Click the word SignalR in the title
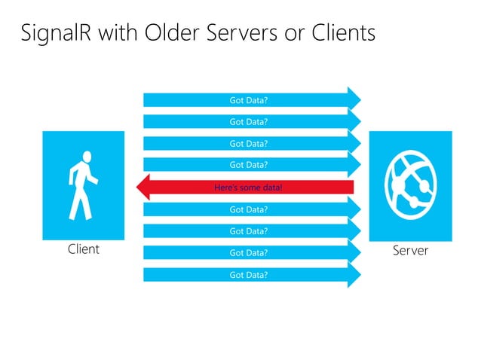click(x=57, y=33)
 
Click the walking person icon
click(x=83, y=184)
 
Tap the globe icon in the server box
click(x=410, y=185)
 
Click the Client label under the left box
click(x=83, y=249)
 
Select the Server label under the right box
click(x=410, y=250)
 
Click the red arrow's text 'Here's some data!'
click(x=249, y=187)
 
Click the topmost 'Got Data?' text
click(x=249, y=99)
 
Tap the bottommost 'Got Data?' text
click(x=249, y=275)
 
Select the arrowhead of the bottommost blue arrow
click(x=354, y=275)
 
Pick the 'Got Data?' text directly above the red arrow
click(x=249, y=164)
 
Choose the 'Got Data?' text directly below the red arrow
click(x=249, y=209)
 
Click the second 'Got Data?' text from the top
click(x=249, y=121)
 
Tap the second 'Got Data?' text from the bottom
click(x=249, y=253)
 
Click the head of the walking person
click(x=87, y=157)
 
